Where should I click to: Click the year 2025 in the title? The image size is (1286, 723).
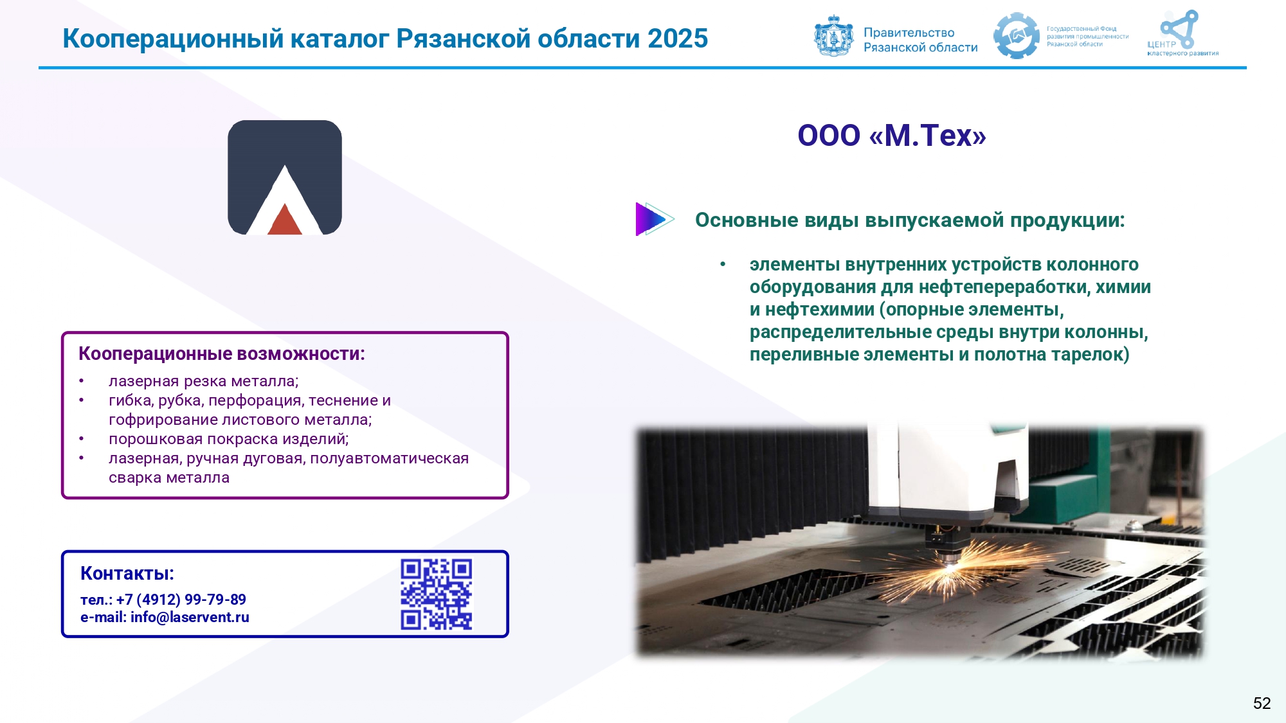coord(678,39)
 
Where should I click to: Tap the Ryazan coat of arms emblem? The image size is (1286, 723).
coord(834,36)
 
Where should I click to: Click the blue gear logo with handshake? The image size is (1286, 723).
coord(1017,36)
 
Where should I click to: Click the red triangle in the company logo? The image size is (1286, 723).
coord(285,220)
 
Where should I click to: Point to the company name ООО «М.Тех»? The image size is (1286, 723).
coord(892,136)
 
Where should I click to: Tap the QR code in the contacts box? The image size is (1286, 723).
coord(437,594)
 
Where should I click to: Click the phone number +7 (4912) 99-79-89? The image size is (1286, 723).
coord(181,600)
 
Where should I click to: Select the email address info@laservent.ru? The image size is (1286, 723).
coord(190,618)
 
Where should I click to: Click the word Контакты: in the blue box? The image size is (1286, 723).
coord(127,573)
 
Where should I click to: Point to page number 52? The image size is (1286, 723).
coord(1262,703)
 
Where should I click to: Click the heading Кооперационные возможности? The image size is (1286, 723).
coord(222,354)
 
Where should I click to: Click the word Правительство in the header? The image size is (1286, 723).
coord(909,33)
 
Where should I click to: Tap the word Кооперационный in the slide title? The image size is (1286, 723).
coord(173,39)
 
